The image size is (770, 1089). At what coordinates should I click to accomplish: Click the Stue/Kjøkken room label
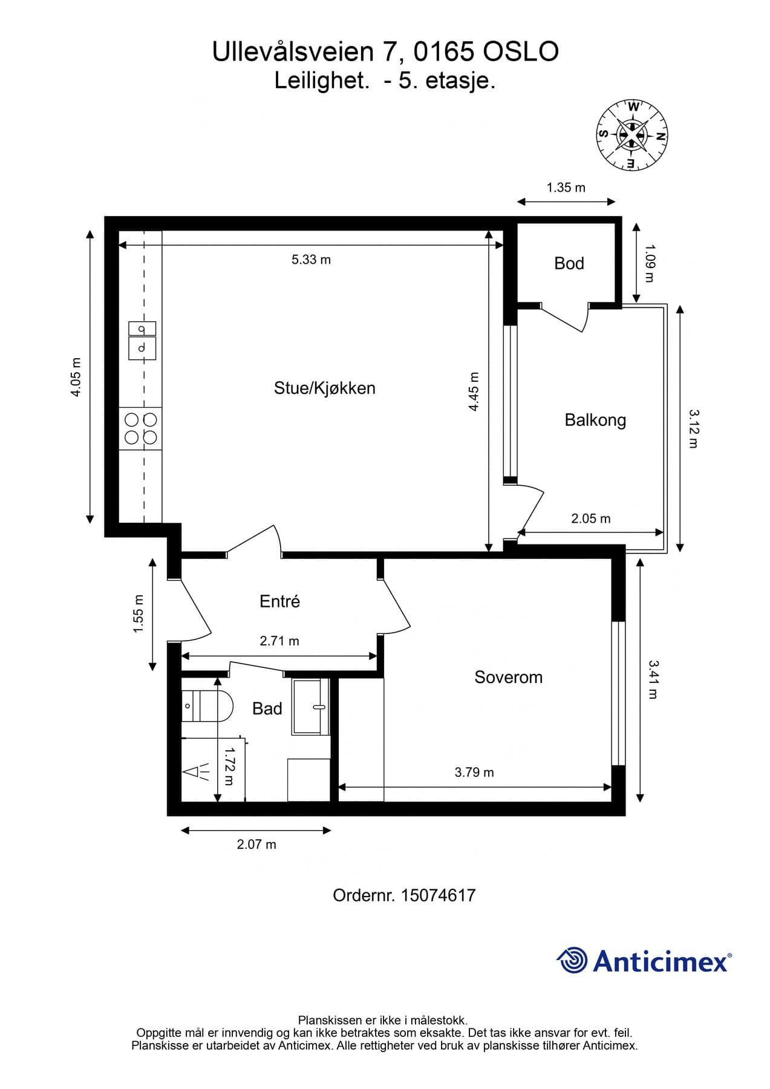coord(324,388)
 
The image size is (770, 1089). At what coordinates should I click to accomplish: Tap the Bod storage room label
coord(569,263)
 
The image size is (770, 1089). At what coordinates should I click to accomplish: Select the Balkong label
coord(595,420)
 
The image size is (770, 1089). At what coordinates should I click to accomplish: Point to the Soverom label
coord(508,677)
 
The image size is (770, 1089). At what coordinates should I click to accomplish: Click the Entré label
coord(279,601)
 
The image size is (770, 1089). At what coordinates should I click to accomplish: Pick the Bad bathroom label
coord(267,708)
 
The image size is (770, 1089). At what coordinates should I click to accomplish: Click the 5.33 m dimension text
coord(311,260)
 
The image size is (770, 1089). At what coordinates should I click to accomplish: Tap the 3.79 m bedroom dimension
coord(474,773)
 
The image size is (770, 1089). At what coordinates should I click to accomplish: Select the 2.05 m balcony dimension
coord(590,518)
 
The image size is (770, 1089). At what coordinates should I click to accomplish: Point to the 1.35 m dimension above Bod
coord(566,188)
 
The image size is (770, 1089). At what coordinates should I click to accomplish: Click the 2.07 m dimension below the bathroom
coord(256,844)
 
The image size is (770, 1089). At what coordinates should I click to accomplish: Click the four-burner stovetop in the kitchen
coord(141,428)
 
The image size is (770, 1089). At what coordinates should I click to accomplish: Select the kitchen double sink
coord(142,340)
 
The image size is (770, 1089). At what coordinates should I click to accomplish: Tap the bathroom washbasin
coord(311,707)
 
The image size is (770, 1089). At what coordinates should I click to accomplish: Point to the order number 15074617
coord(438,895)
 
